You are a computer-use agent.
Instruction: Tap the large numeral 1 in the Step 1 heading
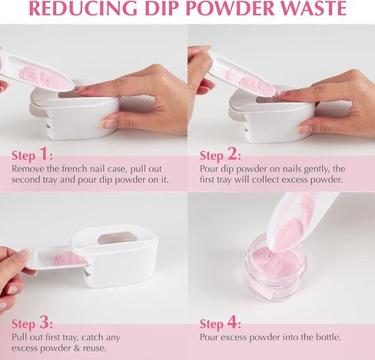45,154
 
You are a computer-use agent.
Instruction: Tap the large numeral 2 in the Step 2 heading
232,154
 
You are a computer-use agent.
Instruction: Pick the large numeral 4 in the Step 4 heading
232,323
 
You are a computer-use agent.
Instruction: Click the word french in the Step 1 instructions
75,169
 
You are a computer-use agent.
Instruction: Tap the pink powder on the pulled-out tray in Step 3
68,258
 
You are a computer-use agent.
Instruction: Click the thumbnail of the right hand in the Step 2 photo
307,129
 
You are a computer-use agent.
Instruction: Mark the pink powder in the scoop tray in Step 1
44,78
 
